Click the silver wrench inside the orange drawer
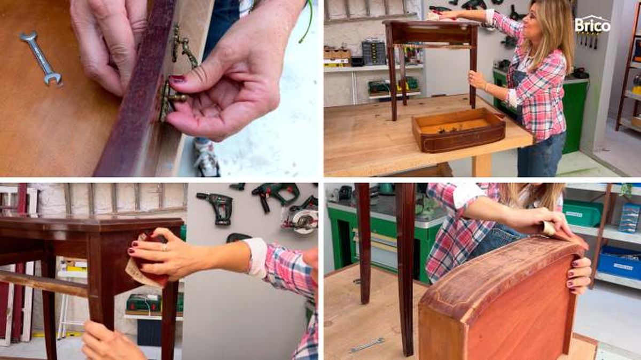click(41, 58)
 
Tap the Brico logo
click(592, 25)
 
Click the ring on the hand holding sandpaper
click(165, 248)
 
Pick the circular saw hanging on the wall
click(301, 218)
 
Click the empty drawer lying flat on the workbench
click(459, 130)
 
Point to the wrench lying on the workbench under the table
click(367, 345)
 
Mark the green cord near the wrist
click(306, 21)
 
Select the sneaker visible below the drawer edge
click(206, 158)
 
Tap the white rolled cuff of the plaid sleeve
click(256, 257)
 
